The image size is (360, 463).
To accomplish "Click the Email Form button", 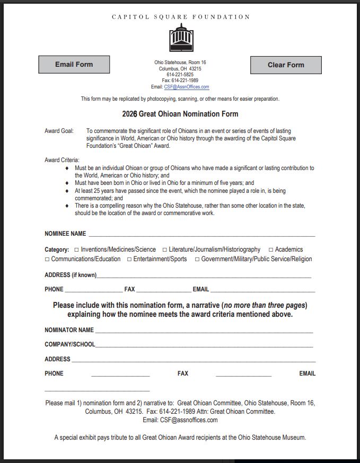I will pos(74,65).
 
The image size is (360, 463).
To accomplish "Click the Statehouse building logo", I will pos(181,38).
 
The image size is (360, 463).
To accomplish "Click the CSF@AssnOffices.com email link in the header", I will pos(187,87).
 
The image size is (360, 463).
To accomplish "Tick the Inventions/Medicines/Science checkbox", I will pos(76,250).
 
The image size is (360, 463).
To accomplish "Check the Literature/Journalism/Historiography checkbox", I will pos(165,250).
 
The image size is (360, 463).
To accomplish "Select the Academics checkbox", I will pos(271,250).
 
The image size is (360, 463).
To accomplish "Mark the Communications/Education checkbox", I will pos(47,259).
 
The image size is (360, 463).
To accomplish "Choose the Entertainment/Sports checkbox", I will pos(129,259).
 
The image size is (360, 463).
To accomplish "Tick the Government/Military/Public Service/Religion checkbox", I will pos(197,259).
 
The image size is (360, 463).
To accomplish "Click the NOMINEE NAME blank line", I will pos(201,234).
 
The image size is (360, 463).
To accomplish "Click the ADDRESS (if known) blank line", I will pos(204,275).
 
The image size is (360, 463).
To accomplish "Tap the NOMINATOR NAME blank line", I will pos(204,330).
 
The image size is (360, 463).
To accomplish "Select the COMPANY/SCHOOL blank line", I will pos(204,345).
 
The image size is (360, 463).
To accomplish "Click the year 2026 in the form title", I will pos(129,114).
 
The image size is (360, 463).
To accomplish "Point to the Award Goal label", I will pos(59,131).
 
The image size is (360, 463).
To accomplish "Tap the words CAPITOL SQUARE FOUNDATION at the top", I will pos(181,17).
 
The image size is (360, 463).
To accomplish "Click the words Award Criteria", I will pos(62,160).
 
